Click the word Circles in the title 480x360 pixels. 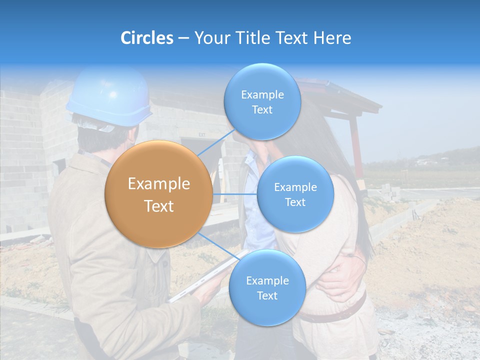146,38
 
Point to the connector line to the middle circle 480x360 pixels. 235,194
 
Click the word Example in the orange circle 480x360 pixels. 159,184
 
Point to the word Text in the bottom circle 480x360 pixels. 267,295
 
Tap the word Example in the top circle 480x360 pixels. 262,94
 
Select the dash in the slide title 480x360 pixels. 183,38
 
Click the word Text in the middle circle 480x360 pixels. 295,202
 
